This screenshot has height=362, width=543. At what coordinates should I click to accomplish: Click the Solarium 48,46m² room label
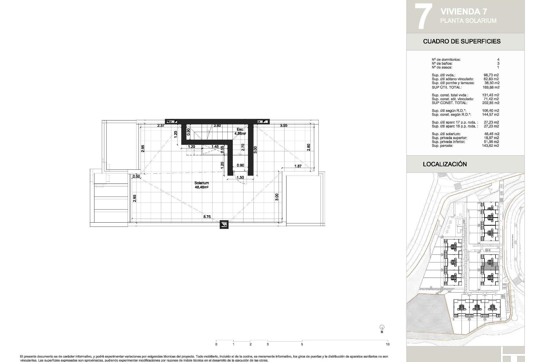point(202,185)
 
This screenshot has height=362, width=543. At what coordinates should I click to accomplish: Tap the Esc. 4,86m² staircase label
point(241,131)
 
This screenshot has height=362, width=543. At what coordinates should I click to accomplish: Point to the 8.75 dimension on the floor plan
point(207,217)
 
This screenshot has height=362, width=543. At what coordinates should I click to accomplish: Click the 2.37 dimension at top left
point(161,126)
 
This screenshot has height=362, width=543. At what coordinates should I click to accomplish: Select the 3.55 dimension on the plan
point(283,126)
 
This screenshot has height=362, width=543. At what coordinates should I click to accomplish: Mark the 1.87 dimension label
point(298,166)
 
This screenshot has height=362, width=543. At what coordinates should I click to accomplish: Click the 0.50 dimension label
point(136,176)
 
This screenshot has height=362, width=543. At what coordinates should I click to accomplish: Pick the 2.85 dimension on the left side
point(135,198)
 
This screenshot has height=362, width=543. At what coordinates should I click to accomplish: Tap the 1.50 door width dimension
point(240,178)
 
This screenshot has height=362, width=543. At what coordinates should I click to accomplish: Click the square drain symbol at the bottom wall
point(224,225)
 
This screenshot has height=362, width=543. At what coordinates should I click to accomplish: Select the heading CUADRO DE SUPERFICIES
point(462,41)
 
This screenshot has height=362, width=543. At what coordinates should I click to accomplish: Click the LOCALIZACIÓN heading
point(445,164)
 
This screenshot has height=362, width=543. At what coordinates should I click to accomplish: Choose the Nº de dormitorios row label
point(446,60)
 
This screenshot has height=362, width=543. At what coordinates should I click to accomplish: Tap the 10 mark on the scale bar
point(387,344)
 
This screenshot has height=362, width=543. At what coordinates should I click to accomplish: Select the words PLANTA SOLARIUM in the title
point(468,21)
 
